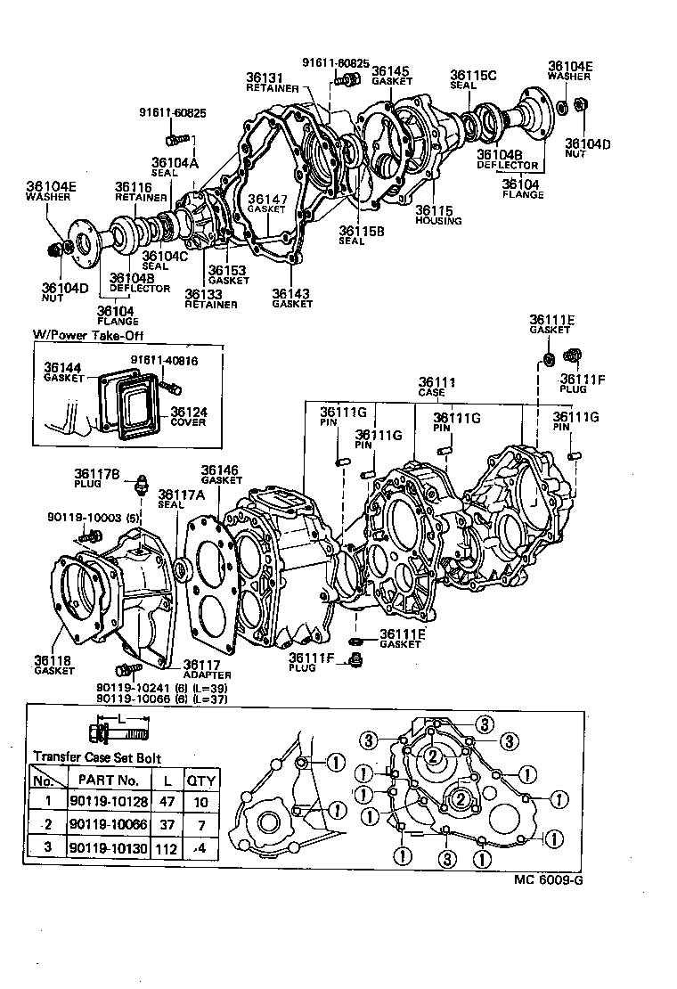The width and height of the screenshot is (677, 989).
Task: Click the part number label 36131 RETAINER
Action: coord(265,82)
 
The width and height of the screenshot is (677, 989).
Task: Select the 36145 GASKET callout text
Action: coord(391,75)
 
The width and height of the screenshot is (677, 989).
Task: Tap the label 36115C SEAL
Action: coord(473,79)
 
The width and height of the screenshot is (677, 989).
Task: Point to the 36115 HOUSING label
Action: coord(437,215)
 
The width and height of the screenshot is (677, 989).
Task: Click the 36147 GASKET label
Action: coord(266,203)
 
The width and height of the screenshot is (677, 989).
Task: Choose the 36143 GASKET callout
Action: coord(292,298)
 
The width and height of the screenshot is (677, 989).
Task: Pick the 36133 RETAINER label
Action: coord(210,298)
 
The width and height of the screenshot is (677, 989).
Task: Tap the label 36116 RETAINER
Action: coord(135,191)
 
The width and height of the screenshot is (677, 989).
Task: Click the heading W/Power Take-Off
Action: coord(88,336)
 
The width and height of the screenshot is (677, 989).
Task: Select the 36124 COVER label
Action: coord(189,416)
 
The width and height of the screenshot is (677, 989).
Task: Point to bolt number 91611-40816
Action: coord(162,361)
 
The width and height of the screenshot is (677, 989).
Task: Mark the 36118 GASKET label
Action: coord(53,665)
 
